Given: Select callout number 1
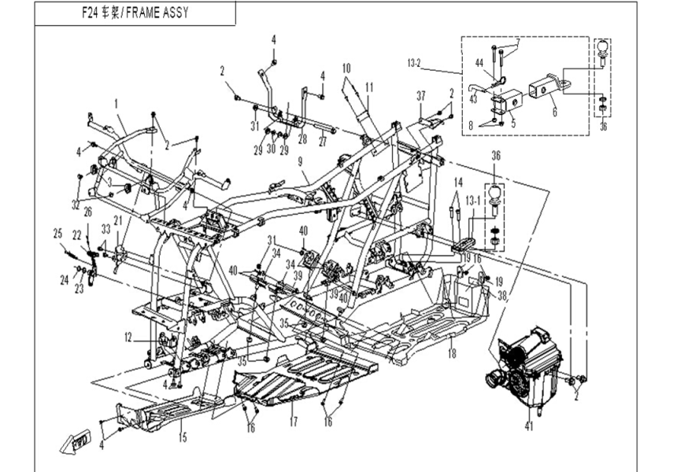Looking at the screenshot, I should tap(116, 103).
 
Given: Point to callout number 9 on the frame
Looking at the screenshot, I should tap(300, 161).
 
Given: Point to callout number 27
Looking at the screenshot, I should tap(321, 142).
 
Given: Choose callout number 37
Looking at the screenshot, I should tap(421, 95).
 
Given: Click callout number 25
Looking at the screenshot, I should tap(57, 234).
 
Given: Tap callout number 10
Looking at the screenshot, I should tap(346, 69).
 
